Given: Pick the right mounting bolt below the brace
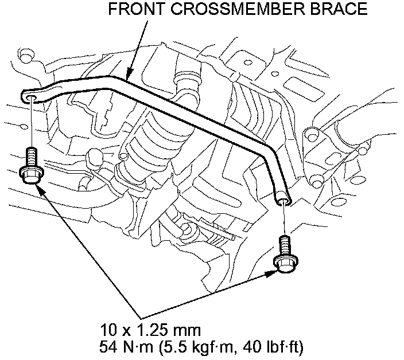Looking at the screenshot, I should [x=284, y=253].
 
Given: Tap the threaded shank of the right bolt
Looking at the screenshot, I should [x=284, y=243].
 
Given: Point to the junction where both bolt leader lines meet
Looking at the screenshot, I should [x=139, y=316].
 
